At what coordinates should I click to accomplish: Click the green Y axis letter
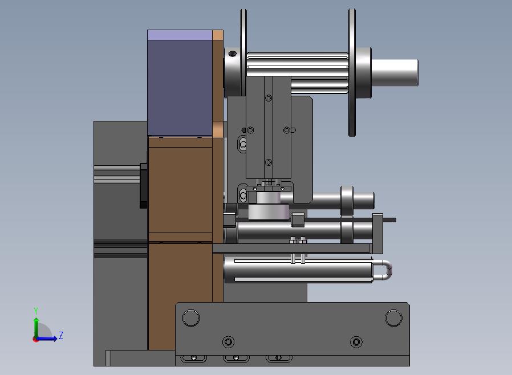[x=36, y=311]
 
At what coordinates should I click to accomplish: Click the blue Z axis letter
[x=61, y=335]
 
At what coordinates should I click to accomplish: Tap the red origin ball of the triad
[x=35, y=340]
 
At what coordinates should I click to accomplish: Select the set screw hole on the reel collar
[x=233, y=54]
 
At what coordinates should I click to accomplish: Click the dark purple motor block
[x=180, y=88]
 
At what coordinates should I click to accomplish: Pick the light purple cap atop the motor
[x=180, y=35]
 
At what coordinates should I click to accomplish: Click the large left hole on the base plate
[x=191, y=318]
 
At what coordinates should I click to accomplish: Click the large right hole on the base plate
[x=393, y=318]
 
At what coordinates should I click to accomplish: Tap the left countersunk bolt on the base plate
[x=228, y=342]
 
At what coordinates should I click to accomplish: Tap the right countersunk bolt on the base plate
[x=356, y=342]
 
